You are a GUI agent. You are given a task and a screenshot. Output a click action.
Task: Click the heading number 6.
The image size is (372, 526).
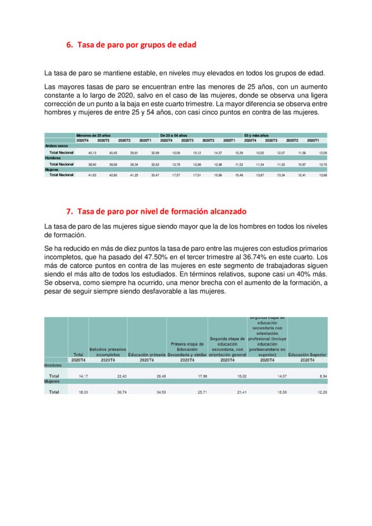pos(70,45)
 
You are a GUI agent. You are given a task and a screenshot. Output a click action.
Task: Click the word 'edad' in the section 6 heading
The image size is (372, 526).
pos(187,45)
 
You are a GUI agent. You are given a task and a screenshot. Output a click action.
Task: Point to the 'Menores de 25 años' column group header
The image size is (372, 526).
pos(93,135)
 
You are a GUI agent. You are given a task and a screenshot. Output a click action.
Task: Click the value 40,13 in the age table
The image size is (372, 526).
pos(92,153)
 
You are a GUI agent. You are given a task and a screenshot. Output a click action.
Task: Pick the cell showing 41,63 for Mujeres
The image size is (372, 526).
pos(92,175)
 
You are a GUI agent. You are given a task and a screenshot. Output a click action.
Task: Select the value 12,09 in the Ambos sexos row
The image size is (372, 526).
pos(323,153)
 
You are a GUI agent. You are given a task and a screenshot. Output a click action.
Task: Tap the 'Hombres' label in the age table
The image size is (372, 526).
pos(53,158)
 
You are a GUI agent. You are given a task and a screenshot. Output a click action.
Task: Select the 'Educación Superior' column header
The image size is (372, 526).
pos(307,354)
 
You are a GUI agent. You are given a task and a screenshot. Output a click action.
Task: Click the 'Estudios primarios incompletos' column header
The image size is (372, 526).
pos(108,352)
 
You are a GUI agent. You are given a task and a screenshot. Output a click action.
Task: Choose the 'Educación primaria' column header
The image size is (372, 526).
pos(147,354)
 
